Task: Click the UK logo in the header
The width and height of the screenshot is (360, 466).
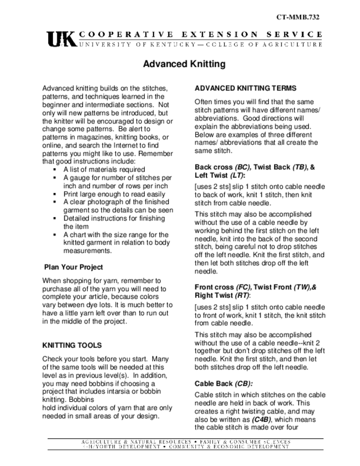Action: click(61, 38)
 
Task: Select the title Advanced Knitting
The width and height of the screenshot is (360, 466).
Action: click(184, 64)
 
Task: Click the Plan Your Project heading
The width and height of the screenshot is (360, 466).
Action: click(73, 267)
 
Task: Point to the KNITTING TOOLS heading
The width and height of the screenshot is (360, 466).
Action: click(72, 345)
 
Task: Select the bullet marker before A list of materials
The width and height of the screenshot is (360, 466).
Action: click(54, 169)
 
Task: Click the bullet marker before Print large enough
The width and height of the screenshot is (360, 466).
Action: click(54, 194)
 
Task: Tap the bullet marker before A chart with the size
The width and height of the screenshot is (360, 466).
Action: click(54, 235)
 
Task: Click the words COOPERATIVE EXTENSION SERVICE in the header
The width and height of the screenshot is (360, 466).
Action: click(201, 34)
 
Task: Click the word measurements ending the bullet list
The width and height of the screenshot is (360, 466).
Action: click(86, 251)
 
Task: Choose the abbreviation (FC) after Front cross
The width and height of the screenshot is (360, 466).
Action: click(243, 287)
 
